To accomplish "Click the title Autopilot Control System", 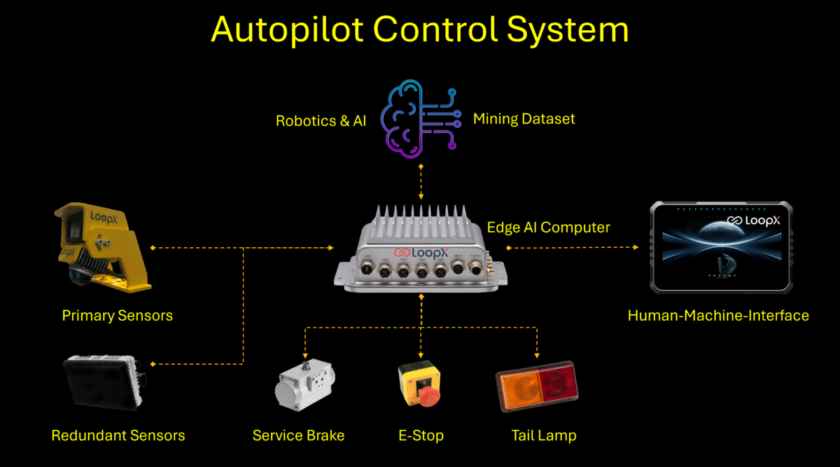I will coord(419,30).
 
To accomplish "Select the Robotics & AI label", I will coord(321,120).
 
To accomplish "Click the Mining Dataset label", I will coord(524,119).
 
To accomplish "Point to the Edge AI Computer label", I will coord(548,228).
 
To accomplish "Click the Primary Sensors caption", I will coord(117,316).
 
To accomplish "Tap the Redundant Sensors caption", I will coord(118,435).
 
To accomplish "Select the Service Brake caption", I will coord(298,435).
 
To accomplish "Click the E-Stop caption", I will coord(420,435).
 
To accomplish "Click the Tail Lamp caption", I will coord(543,435).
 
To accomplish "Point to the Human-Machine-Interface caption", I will coord(718,316).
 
